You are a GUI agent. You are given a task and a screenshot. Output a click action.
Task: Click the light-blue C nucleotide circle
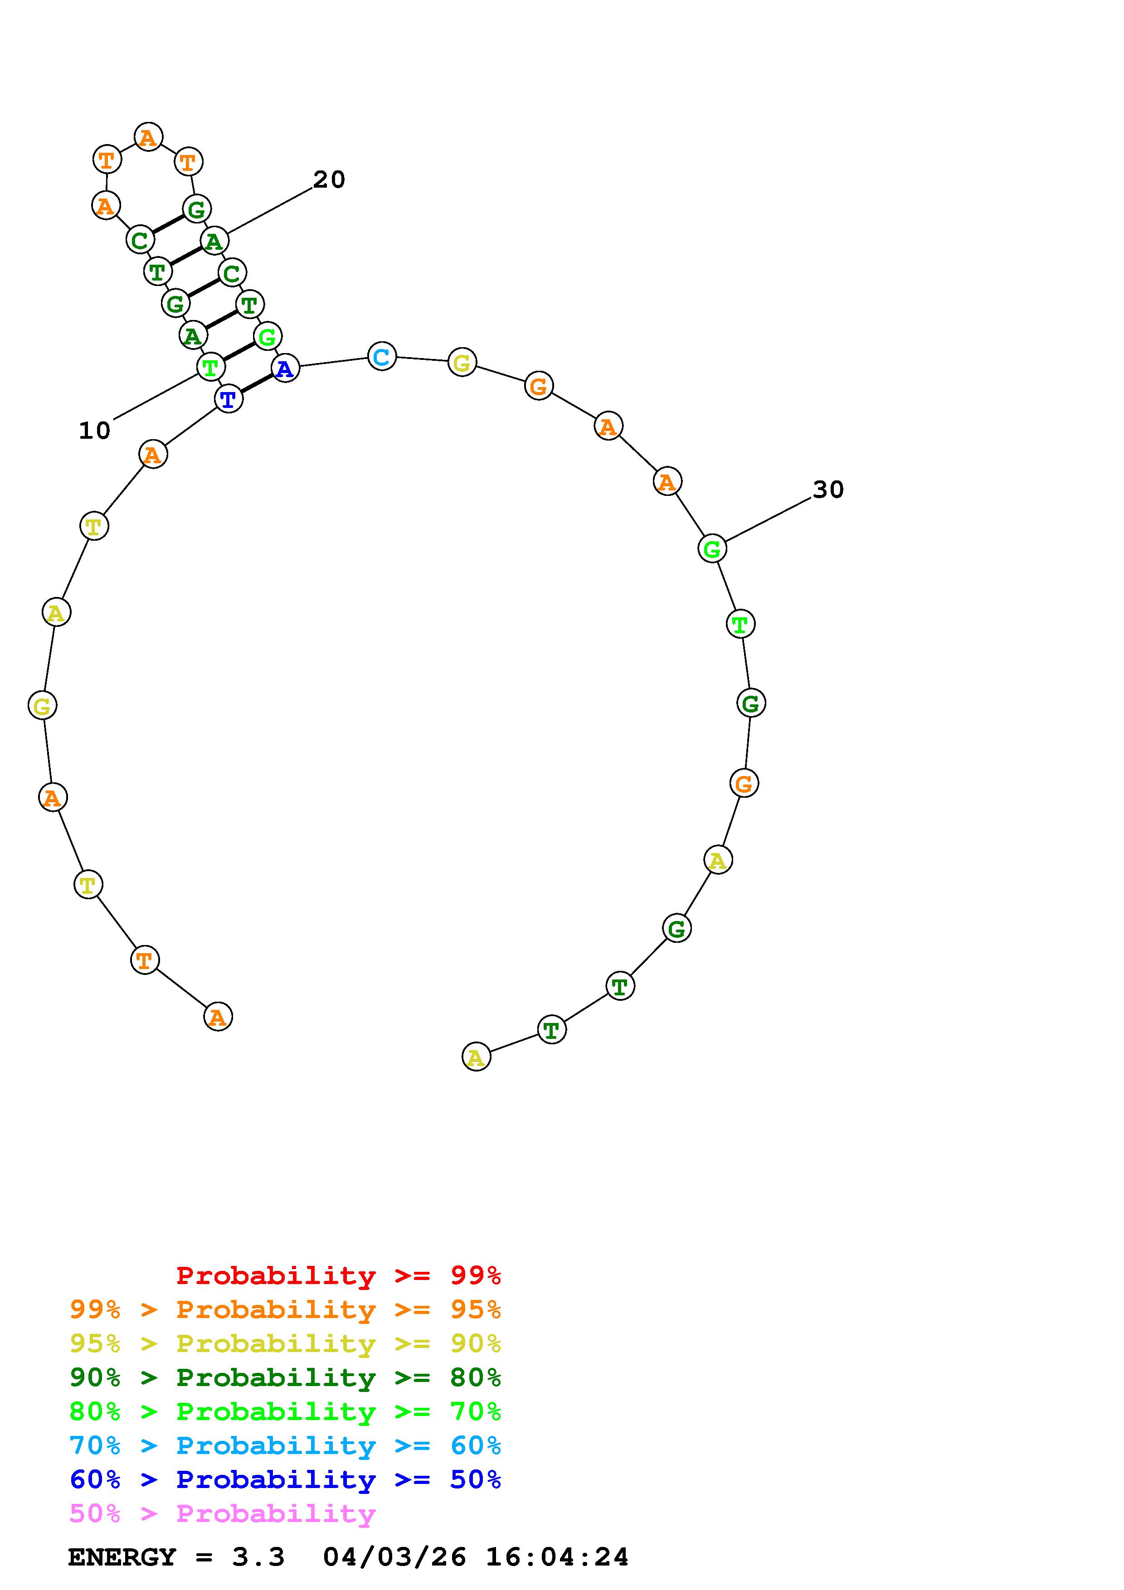[382, 357]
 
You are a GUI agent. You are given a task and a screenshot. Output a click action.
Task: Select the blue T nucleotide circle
[229, 399]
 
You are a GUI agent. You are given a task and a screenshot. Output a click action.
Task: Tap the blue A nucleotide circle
[285, 368]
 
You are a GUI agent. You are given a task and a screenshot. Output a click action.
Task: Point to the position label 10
[95, 431]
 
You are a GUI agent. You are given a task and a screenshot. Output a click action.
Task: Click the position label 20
[329, 179]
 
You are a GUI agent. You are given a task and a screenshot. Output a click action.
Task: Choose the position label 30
[828, 490]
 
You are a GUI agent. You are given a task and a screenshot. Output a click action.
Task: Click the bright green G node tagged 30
[712, 548]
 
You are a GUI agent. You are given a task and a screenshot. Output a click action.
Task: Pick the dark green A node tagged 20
[214, 241]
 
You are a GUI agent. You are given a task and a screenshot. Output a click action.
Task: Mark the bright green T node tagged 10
[210, 366]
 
